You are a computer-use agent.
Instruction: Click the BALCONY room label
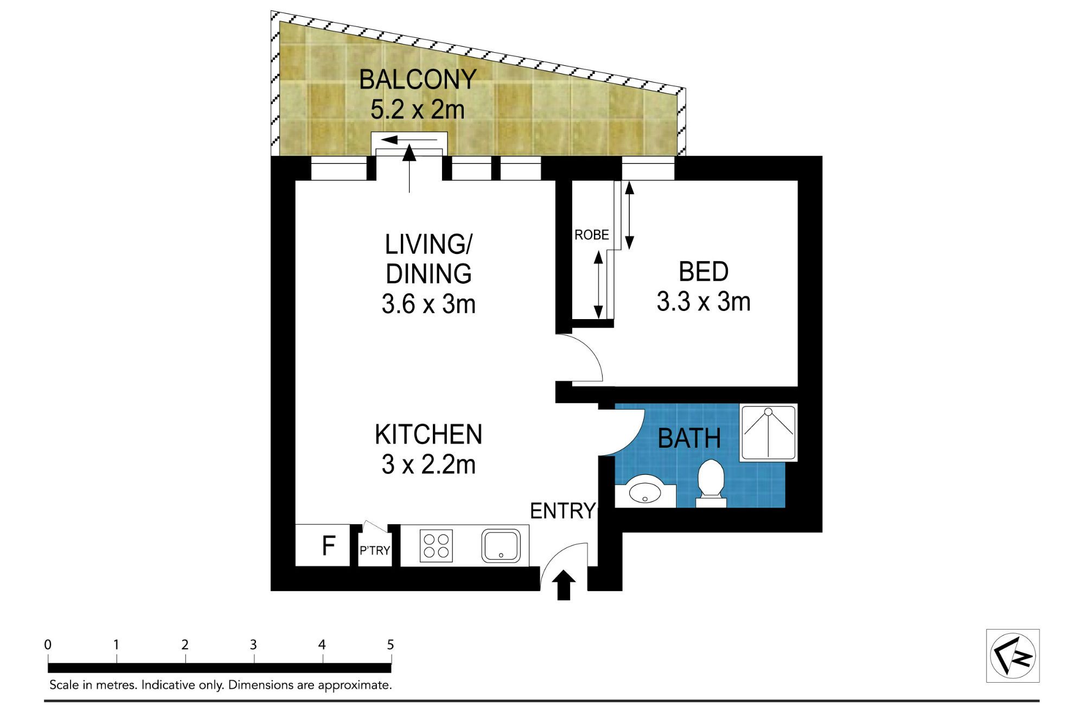tap(418, 80)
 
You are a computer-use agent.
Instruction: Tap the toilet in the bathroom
tap(711, 483)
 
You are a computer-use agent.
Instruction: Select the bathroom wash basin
tap(644, 491)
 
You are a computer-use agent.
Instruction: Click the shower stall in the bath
tap(768, 433)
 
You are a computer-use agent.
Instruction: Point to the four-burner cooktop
tap(436, 545)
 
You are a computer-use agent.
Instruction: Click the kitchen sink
tap(501, 545)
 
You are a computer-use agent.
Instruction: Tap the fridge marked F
tap(322, 545)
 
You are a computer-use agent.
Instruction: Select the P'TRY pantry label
tap(375, 550)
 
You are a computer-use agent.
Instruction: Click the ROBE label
tap(592, 235)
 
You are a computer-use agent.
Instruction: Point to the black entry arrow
tap(564, 585)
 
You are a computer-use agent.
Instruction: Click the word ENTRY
tap(562, 511)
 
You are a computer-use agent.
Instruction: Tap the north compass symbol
tap(1013, 656)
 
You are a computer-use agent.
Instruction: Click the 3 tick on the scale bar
tap(254, 658)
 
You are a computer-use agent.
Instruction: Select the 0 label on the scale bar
tap(48, 645)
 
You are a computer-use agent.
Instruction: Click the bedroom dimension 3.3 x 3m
tap(703, 302)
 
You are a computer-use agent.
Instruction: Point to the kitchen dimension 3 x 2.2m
tap(428, 465)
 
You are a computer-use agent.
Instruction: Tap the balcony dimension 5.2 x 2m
tap(418, 110)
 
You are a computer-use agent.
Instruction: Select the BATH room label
tap(689, 439)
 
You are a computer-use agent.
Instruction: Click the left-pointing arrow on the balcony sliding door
tap(409, 140)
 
